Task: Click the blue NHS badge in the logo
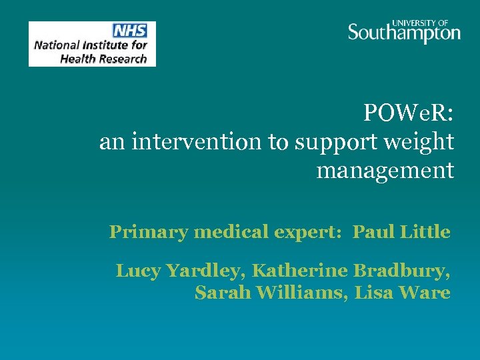tap(129, 31)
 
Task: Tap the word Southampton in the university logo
tap(404, 33)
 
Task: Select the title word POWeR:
tap(409, 113)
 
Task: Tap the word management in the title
tap(385, 171)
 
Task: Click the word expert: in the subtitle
tap(310, 232)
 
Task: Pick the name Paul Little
tap(401, 232)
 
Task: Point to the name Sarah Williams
tap(271, 293)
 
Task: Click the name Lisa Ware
tap(403, 293)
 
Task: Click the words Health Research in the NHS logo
tap(103, 58)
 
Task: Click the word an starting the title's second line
tap(111, 142)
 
